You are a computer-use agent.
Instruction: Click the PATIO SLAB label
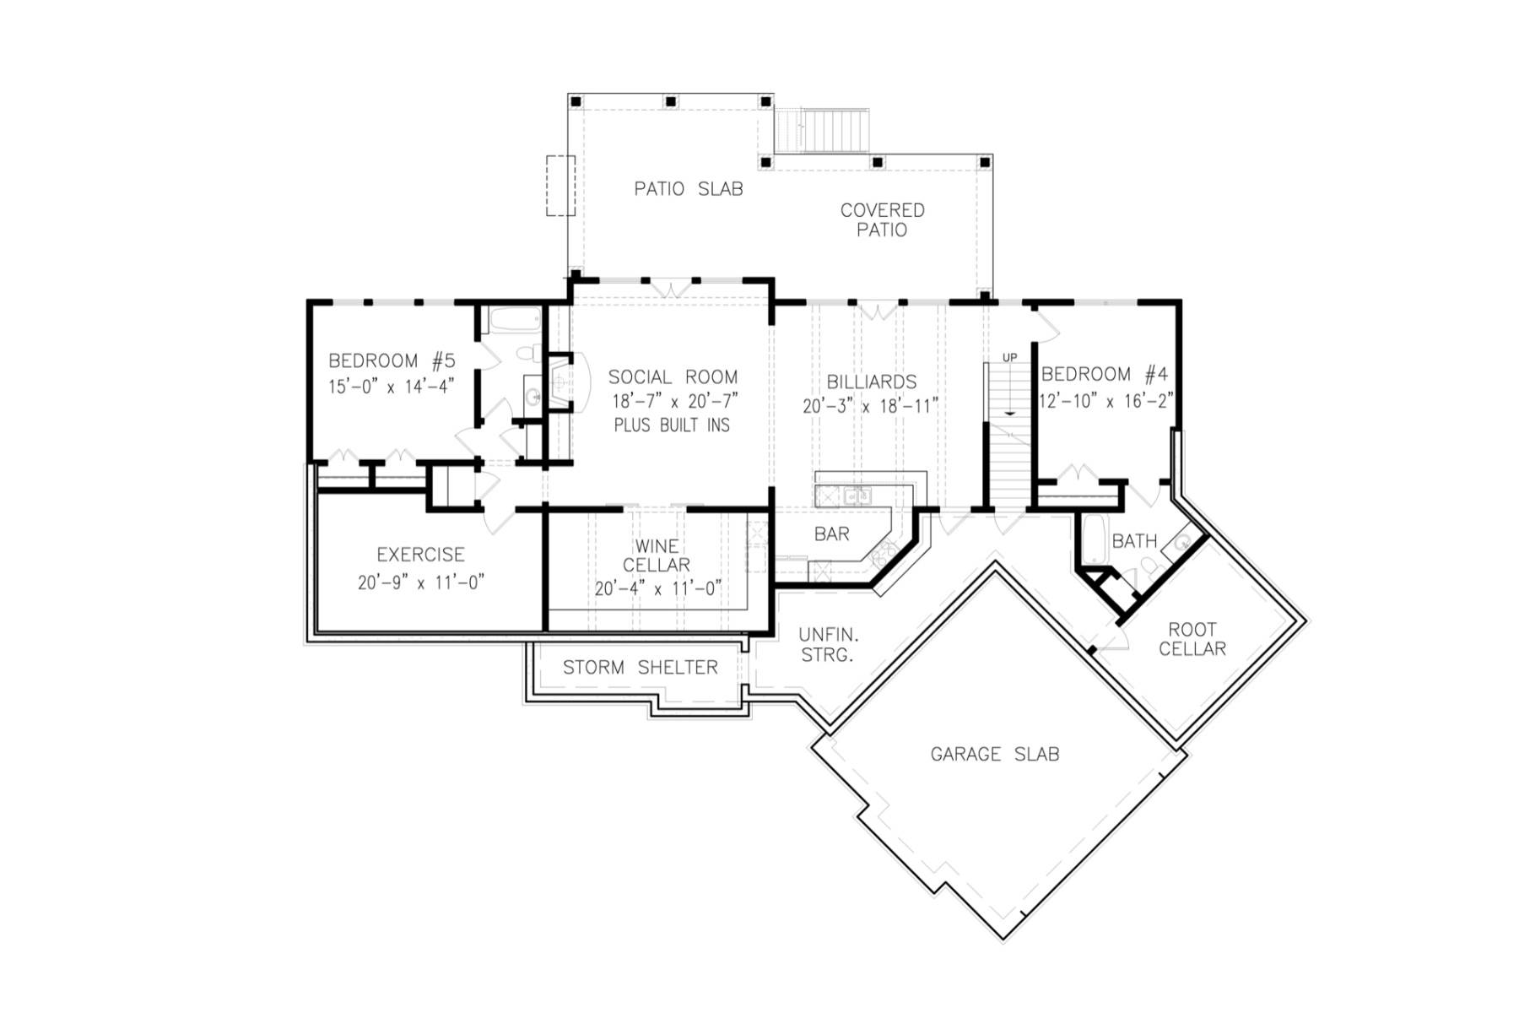[689, 189]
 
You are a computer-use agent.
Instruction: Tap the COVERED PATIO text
[882, 219]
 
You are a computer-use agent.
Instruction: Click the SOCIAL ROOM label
[673, 377]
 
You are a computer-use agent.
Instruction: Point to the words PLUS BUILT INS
[672, 425]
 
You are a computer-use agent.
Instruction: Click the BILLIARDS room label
[871, 382]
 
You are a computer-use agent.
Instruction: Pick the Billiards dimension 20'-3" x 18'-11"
[870, 406]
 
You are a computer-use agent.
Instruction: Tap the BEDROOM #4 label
[1105, 374]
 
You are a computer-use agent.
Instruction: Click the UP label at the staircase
[1009, 358]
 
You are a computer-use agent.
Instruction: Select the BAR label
[831, 534]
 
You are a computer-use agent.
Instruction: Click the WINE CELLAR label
[657, 555]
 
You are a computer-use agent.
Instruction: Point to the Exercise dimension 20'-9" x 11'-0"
[420, 582]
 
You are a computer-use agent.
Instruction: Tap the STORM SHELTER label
[640, 668]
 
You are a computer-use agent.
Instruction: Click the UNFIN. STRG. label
[829, 644]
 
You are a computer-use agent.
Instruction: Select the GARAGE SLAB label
[994, 754]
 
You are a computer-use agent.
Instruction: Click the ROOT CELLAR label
[1192, 639]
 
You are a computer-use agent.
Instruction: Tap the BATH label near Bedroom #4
[1134, 541]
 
